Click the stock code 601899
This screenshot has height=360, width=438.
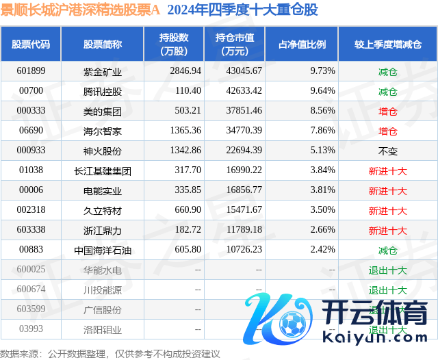coord(31,70)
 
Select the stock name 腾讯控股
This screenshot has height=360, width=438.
coord(102,91)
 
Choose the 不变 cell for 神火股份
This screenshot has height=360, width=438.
coord(387,151)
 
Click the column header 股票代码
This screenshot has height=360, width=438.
coord(31,44)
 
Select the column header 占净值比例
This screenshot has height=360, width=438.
coord(302,44)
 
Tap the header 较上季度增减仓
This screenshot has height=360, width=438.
coord(387,44)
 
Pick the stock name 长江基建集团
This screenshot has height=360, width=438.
coord(102,170)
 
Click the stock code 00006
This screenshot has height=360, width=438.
coord(31,190)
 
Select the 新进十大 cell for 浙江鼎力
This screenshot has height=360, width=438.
coord(387,230)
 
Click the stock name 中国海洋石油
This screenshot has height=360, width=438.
coord(102,250)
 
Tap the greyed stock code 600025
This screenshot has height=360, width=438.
coord(31,270)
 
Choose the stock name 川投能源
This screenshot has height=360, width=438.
coord(102,290)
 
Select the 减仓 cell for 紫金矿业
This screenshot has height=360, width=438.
coord(387,70)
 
